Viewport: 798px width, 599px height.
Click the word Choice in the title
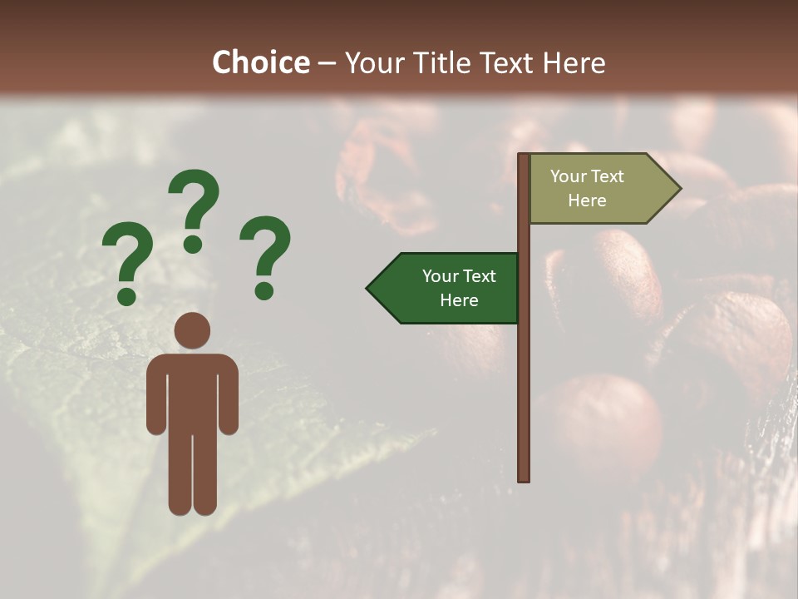pyautogui.click(x=260, y=62)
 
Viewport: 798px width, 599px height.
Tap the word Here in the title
pyautogui.click(x=574, y=62)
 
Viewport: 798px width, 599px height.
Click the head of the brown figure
pyautogui.click(x=193, y=330)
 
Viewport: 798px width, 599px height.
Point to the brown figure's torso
pyautogui.click(x=193, y=391)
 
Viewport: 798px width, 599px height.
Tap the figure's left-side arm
pyautogui.click(x=155, y=395)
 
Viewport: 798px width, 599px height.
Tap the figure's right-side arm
pyautogui.click(x=229, y=395)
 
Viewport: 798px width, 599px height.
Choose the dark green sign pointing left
pyautogui.click(x=449, y=288)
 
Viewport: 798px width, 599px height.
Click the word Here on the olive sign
pyautogui.click(x=587, y=200)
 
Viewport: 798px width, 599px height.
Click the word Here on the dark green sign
pyautogui.click(x=459, y=300)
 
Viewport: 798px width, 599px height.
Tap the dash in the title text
pyautogui.click(x=327, y=63)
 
